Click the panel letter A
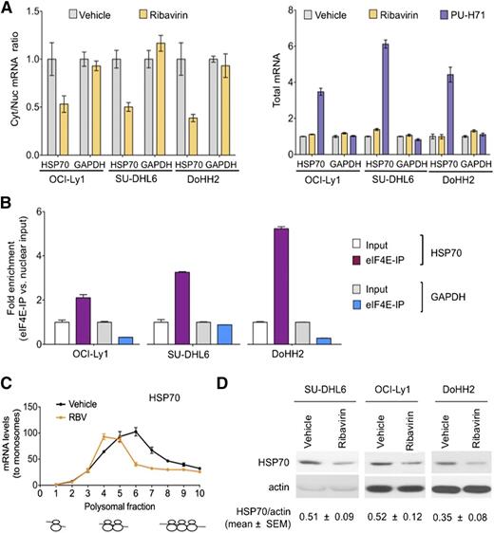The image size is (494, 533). coord(9,9)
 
